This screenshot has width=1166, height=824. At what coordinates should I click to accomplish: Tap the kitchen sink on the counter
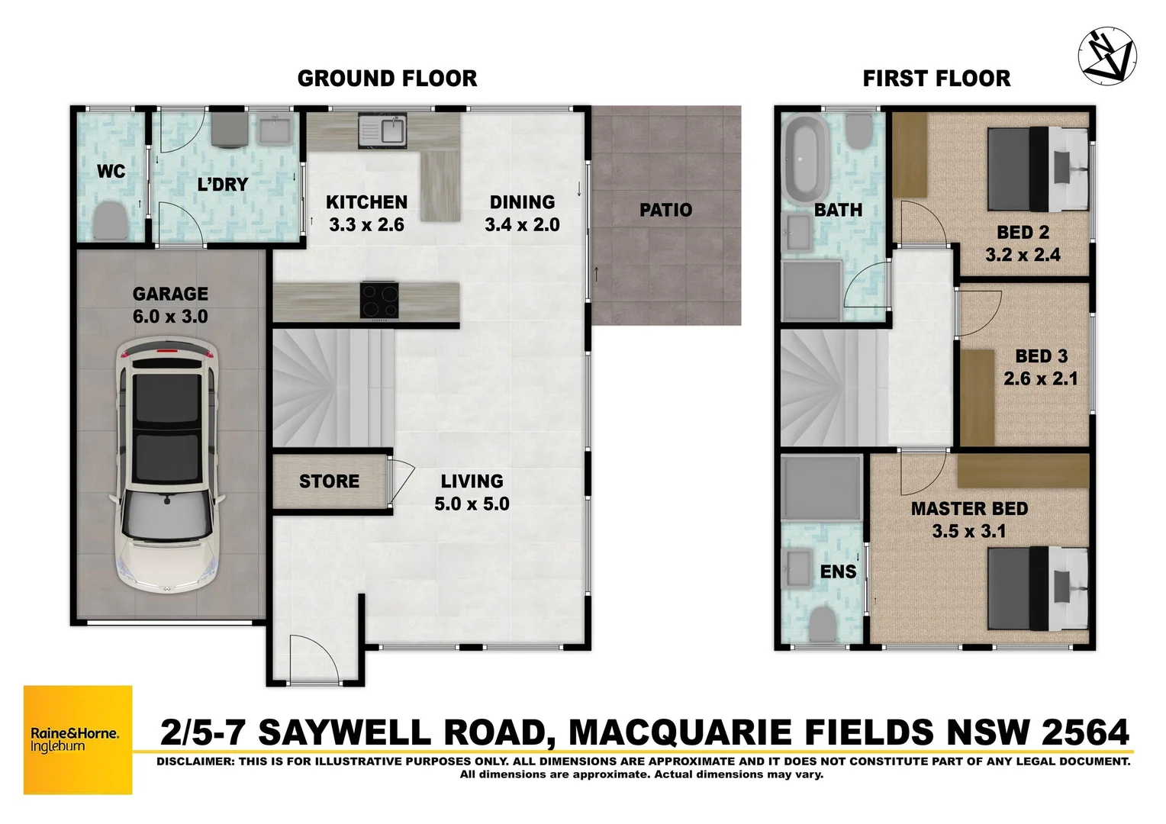(x=383, y=130)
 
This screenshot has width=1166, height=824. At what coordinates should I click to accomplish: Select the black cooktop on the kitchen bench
(x=379, y=300)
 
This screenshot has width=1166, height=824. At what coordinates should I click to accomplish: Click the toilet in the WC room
(x=111, y=220)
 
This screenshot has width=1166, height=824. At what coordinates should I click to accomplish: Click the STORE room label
(x=329, y=481)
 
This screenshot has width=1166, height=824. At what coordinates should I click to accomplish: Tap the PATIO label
(x=665, y=210)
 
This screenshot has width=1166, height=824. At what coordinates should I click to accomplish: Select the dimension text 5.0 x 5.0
(x=472, y=504)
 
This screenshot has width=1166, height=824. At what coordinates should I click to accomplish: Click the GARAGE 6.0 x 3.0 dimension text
(x=170, y=316)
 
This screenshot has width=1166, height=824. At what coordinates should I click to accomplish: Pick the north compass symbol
(x=1106, y=56)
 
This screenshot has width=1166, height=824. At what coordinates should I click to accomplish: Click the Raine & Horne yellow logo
(x=78, y=739)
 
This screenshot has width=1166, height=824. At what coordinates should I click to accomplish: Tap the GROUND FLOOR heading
(x=387, y=78)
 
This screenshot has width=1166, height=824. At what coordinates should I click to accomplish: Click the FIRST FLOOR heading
(x=936, y=78)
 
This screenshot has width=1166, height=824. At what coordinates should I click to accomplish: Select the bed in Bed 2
(x=1037, y=169)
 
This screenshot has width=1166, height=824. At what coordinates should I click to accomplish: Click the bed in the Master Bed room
(x=1037, y=588)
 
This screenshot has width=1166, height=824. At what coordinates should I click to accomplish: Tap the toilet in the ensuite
(x=822, y=623)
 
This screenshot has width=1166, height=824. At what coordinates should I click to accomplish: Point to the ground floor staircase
(x=333, y=388)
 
